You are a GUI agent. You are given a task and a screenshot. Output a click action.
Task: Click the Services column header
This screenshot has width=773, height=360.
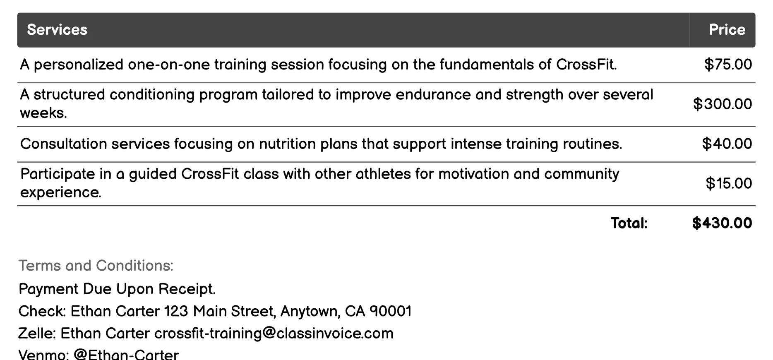57,30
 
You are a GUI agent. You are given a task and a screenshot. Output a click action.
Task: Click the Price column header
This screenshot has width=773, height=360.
727,30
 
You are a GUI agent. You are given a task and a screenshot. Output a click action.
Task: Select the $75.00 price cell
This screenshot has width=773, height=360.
728,65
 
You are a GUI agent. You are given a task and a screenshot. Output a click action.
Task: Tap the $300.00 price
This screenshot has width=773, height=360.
723,104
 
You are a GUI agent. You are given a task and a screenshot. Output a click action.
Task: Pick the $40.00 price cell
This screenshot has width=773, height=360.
727,144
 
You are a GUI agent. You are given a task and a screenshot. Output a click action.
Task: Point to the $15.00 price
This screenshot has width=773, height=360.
729,183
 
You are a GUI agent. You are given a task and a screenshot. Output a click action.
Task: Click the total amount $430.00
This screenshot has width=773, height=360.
722,223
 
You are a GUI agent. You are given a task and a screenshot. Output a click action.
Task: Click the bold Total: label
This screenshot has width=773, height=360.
629,223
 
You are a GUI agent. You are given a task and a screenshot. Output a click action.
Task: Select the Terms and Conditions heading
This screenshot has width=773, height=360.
96,266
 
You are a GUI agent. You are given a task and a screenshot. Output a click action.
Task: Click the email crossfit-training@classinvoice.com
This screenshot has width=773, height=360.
274,334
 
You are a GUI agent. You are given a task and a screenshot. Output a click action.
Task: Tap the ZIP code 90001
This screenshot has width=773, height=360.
390,311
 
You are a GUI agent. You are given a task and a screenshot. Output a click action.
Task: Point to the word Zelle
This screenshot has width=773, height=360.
37,334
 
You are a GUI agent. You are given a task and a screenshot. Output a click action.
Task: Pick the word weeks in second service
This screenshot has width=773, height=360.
43,113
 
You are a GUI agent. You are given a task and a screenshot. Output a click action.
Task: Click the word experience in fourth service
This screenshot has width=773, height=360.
60,192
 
